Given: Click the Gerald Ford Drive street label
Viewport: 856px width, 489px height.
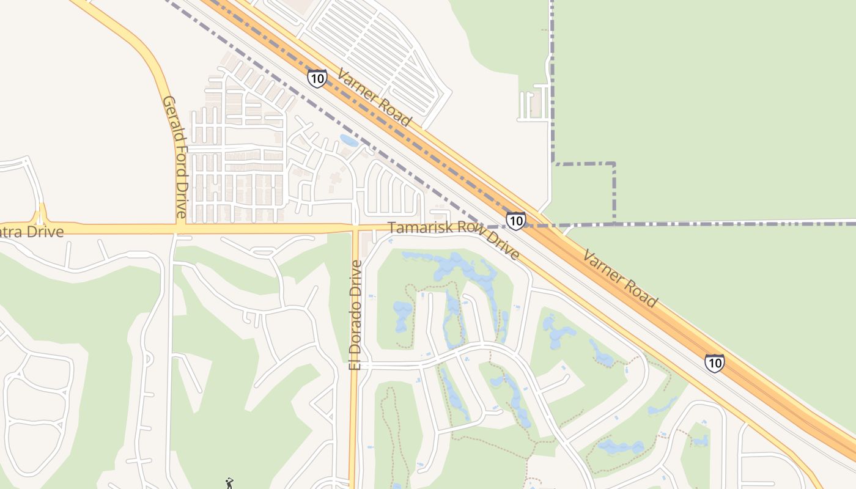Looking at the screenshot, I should [x=175, y=157].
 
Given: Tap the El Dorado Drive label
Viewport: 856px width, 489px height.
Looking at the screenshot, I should [x=355, y=315].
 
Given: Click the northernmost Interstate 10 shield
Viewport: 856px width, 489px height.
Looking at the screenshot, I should [x=317, y=78].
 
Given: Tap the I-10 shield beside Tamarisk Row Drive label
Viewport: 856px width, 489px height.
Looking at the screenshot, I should [x=515, y=221].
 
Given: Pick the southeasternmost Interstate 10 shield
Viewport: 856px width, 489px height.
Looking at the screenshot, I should [x=714, y=363].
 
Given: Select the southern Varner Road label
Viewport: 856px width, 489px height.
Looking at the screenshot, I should [x=619, y=278].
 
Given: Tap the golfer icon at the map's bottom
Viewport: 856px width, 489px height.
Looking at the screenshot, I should [x=229, y=483].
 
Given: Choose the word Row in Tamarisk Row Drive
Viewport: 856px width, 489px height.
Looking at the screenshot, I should [x=463, y=235].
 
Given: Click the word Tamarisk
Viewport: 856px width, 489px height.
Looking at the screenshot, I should [x=416, y=229].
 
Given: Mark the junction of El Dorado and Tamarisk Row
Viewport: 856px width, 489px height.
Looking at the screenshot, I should [x=355, y=228].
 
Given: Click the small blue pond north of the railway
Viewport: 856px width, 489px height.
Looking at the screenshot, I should [x=349, y=141].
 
